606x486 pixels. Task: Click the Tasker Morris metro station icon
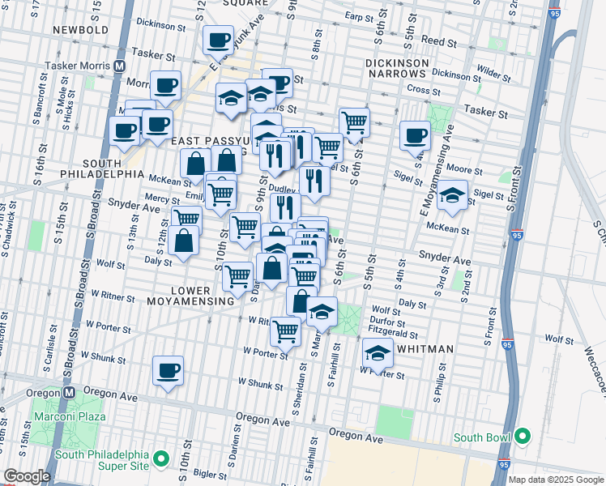[119, 66]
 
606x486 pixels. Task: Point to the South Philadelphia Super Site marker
[161, 459]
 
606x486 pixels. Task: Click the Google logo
[26, 476]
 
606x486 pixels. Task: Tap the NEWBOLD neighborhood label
[80, 30]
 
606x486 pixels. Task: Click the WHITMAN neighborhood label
[425, 348]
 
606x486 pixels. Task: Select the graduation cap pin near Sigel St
[452, 195]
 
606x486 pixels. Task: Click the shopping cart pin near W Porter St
[285, 330]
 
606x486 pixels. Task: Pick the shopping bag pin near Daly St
[186, 241]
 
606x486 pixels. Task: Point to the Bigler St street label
[209, 472]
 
